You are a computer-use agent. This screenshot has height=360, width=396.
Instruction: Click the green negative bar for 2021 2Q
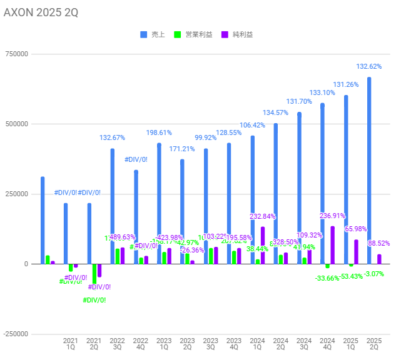[94, 274]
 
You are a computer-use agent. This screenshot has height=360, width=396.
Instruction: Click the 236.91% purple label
[332, 216]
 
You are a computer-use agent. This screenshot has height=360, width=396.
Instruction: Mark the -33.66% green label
[327, 279]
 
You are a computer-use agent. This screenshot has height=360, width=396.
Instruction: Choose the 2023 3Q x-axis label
[211, 343]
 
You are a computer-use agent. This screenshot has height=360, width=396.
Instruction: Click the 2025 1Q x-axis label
[351, 343]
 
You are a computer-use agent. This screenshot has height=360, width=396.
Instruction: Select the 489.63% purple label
[123, 237]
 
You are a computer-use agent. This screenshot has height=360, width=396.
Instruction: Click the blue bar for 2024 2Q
[276, 194]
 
